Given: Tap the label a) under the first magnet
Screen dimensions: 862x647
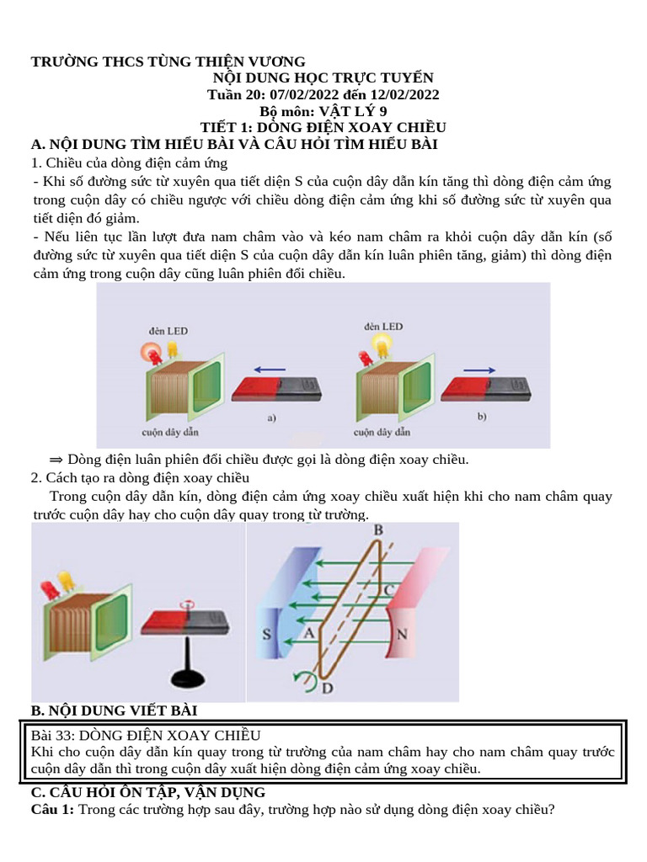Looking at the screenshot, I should tap(271, 417).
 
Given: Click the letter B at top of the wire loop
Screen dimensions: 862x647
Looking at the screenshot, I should tap(378, 529).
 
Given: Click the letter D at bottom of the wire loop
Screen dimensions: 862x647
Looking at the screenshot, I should tap(328, 689).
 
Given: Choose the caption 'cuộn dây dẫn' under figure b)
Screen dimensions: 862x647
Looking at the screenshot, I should tap(382, 433).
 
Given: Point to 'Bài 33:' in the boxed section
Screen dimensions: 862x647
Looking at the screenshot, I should tap(52, 735).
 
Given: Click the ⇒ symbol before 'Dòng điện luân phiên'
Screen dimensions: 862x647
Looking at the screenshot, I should tap(56, 460).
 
